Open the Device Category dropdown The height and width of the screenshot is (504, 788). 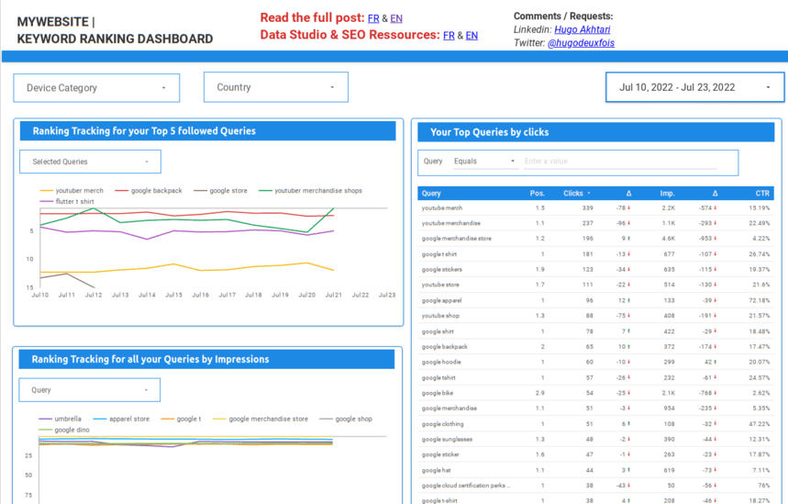[96, 88]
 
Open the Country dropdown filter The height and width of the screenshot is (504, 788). [275, 87]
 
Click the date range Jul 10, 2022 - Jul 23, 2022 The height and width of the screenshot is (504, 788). [694, 88]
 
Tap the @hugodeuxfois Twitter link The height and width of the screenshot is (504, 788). [581, 43]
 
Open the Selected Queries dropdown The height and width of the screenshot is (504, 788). [90, 162]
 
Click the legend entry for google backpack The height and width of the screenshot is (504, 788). [156, 191]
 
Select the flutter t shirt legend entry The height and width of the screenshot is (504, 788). [74, 201]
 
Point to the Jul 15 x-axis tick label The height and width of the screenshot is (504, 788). [173, 296]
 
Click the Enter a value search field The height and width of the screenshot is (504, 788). [628, 162]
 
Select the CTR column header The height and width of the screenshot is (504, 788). [761, 194]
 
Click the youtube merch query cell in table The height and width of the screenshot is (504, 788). [442, 208]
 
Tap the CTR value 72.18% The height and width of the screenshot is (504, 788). [759, 300]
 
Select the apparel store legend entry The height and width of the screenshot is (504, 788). [128, 419]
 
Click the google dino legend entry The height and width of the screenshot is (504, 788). [71, 430]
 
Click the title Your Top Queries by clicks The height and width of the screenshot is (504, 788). [489, 132]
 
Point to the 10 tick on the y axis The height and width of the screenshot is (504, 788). [30, 260]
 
